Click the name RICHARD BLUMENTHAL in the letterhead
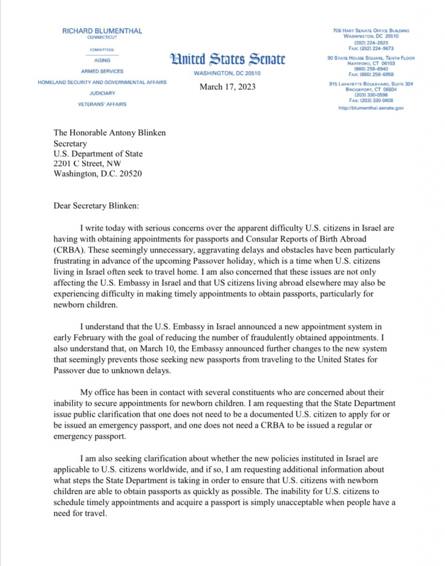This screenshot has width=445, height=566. click(102, 31)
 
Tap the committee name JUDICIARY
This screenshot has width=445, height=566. click(102, 93)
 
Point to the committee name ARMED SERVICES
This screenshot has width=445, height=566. click(102, 71)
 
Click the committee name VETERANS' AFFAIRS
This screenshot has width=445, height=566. click(102, 104)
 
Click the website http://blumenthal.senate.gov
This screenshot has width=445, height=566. click(371, 108)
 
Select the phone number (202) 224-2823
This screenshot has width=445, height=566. click(371, 41)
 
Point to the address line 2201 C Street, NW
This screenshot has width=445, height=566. click(87, 164)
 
